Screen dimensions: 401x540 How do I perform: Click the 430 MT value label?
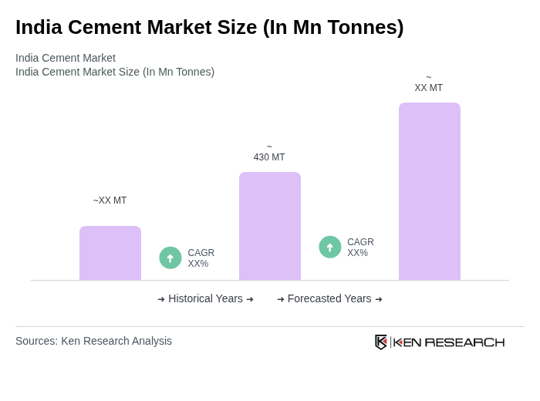tap(269, 157)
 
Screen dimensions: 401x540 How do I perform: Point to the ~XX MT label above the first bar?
tap(110, 200)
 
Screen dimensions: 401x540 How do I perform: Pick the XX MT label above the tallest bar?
tap(429, 88)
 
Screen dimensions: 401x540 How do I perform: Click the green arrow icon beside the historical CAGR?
tap(170, 258)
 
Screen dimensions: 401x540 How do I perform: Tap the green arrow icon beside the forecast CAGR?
tap(330, 247)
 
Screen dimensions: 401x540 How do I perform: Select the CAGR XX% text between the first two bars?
tap(201, 258)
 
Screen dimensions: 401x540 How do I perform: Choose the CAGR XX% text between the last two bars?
tap(360, 248)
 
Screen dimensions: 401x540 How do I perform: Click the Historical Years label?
tap(205, 298)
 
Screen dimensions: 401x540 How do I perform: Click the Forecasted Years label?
tap(329, 298)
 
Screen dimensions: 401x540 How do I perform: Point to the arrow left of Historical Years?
tap(161, 299)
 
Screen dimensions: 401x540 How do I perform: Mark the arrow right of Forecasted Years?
tap(379, 299)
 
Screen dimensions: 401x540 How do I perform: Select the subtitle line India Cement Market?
tap(66, 58)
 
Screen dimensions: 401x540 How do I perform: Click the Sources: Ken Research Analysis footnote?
tap(93, 341)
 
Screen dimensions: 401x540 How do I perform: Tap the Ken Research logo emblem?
tap(381, 342)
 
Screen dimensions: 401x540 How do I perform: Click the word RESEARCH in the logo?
tap(464, 342)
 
